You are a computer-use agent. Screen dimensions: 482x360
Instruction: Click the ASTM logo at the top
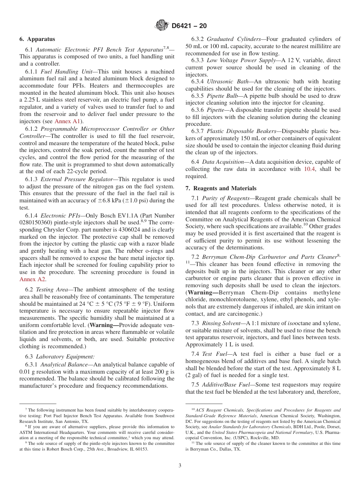162,26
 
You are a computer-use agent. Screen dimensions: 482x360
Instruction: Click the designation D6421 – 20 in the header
189,26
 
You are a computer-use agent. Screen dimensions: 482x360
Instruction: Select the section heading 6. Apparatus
37,39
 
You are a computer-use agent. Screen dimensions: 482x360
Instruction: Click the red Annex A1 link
67,121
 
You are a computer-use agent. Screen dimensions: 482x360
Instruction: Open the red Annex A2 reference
33,279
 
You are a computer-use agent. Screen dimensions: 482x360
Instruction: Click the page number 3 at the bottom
180,466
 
